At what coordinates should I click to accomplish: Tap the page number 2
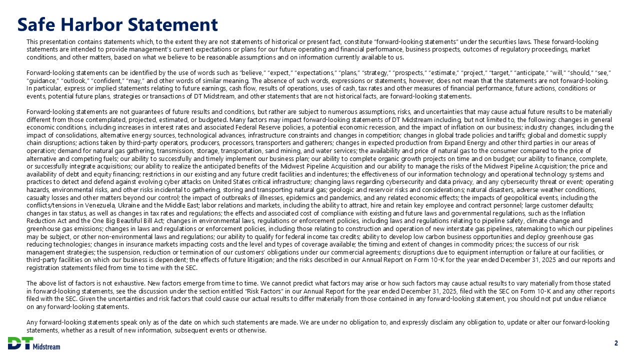click(616, 343)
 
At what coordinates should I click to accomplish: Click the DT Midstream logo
click(34, 343)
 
